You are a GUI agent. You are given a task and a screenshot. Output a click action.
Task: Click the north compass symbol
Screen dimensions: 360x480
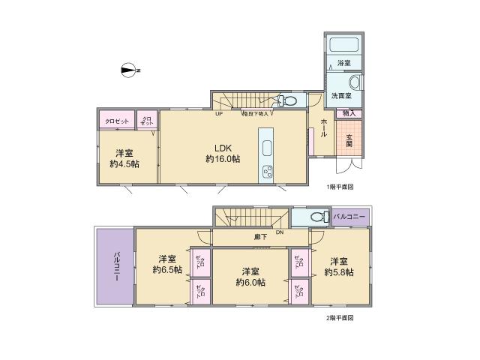pyautogui.click(x=129, y=70)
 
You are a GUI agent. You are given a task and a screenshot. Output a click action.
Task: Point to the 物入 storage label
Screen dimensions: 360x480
pyautogui.click(x=349, y=113)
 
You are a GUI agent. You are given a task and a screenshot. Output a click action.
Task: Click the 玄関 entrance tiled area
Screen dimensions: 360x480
pyautogui.click(x=349, y=139)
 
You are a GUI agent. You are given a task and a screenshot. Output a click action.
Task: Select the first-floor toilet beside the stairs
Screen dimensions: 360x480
pyautogui.click(x=287, y=100)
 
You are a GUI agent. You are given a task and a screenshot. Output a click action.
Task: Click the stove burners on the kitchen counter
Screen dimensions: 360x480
pyautogui.click(x=268, y=172)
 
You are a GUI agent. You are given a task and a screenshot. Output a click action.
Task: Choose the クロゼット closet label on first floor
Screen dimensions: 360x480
pyautogui.click(x=116, y=121)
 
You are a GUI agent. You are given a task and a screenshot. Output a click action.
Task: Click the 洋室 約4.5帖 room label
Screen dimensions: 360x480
pyautogui.click(x=124, y=159)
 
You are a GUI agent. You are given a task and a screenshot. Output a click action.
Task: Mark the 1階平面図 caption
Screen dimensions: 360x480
pyautogui.click(x=339, y=187)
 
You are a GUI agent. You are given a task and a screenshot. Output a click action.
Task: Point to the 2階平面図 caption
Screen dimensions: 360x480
pyautogui.click(x=339, y=318)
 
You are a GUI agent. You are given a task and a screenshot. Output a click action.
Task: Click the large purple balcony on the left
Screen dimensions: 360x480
pyautogui.click(x=115, y=268)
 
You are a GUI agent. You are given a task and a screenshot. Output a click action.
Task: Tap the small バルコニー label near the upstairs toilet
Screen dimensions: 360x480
pyautogui.click(x=350, y=217)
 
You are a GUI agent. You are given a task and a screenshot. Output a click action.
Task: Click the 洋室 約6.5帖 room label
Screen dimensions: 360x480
pyautogui.click(x=167, y=264)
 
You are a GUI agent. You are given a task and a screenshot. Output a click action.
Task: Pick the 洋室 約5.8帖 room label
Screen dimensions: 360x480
pyautogui.click(x=340, y=266)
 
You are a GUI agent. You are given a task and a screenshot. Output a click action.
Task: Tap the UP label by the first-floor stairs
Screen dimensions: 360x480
pyautogui.click(x=219, y=115)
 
